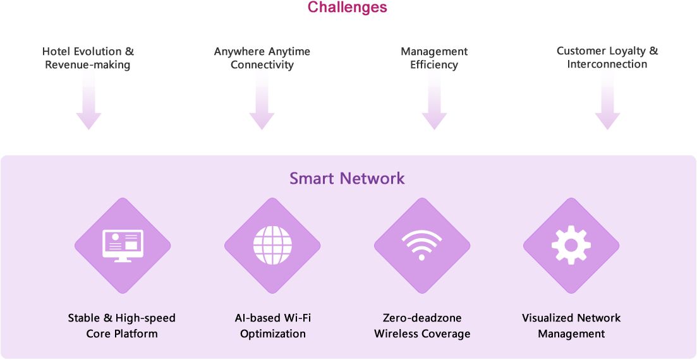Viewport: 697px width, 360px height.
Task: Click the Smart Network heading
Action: [347, 178]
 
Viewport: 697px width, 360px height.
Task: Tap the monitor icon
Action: [123, 246]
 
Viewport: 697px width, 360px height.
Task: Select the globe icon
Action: [272, 246]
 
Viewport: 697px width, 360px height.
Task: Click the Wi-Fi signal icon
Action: [422, 246]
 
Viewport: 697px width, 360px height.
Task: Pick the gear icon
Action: [571, 246]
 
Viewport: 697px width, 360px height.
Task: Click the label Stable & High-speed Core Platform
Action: [122, 326]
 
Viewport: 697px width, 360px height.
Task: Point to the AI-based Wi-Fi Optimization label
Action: [272, 326]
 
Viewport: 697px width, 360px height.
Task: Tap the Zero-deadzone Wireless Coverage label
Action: [422, 326]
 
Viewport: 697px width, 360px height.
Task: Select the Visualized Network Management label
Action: [571, 326]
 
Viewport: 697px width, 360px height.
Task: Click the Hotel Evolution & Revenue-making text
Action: [88, 58]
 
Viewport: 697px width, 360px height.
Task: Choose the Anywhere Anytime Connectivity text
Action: [262, 58]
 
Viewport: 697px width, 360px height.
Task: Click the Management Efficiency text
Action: [434, 58]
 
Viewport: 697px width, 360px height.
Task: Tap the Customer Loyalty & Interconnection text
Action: [607, 57]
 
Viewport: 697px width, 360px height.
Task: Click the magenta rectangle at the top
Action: [347, 8]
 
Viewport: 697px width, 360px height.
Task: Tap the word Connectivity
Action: [262, 65]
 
